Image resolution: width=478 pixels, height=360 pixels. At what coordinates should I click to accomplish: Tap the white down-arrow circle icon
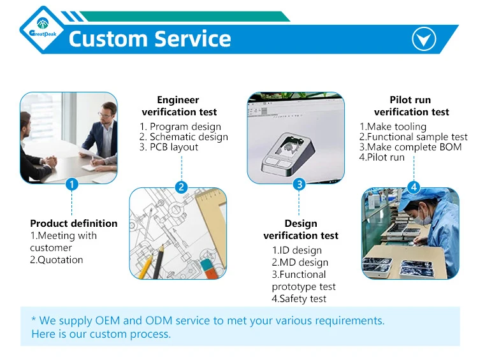tap(424, 40)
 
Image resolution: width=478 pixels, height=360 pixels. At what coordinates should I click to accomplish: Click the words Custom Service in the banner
tap(150, 39)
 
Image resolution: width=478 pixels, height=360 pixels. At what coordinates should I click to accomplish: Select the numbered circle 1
tap(72, 185)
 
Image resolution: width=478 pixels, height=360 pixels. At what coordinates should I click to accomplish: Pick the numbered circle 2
tap(182, 187)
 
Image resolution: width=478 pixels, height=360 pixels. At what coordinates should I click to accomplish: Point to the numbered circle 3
tap(299, 185)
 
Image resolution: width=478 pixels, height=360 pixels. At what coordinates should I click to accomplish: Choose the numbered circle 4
tap(414, 187)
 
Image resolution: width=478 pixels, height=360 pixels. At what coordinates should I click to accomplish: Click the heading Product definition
tap(74, 224)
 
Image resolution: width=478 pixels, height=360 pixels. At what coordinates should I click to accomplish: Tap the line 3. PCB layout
tap(169, 147)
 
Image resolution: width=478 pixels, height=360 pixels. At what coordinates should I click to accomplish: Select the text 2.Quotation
tap(57, 260)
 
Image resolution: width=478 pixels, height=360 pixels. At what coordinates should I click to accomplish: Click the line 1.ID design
tap(296, 250)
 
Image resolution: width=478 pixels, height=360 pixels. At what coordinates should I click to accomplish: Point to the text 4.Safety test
tap(299, 299)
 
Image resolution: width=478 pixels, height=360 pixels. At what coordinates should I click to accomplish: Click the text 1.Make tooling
tap(393, 127)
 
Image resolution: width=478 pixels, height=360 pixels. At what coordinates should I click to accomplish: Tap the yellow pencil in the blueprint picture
tap(148, 261)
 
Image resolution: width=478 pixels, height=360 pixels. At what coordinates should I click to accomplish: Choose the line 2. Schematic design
tap(184, 137)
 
